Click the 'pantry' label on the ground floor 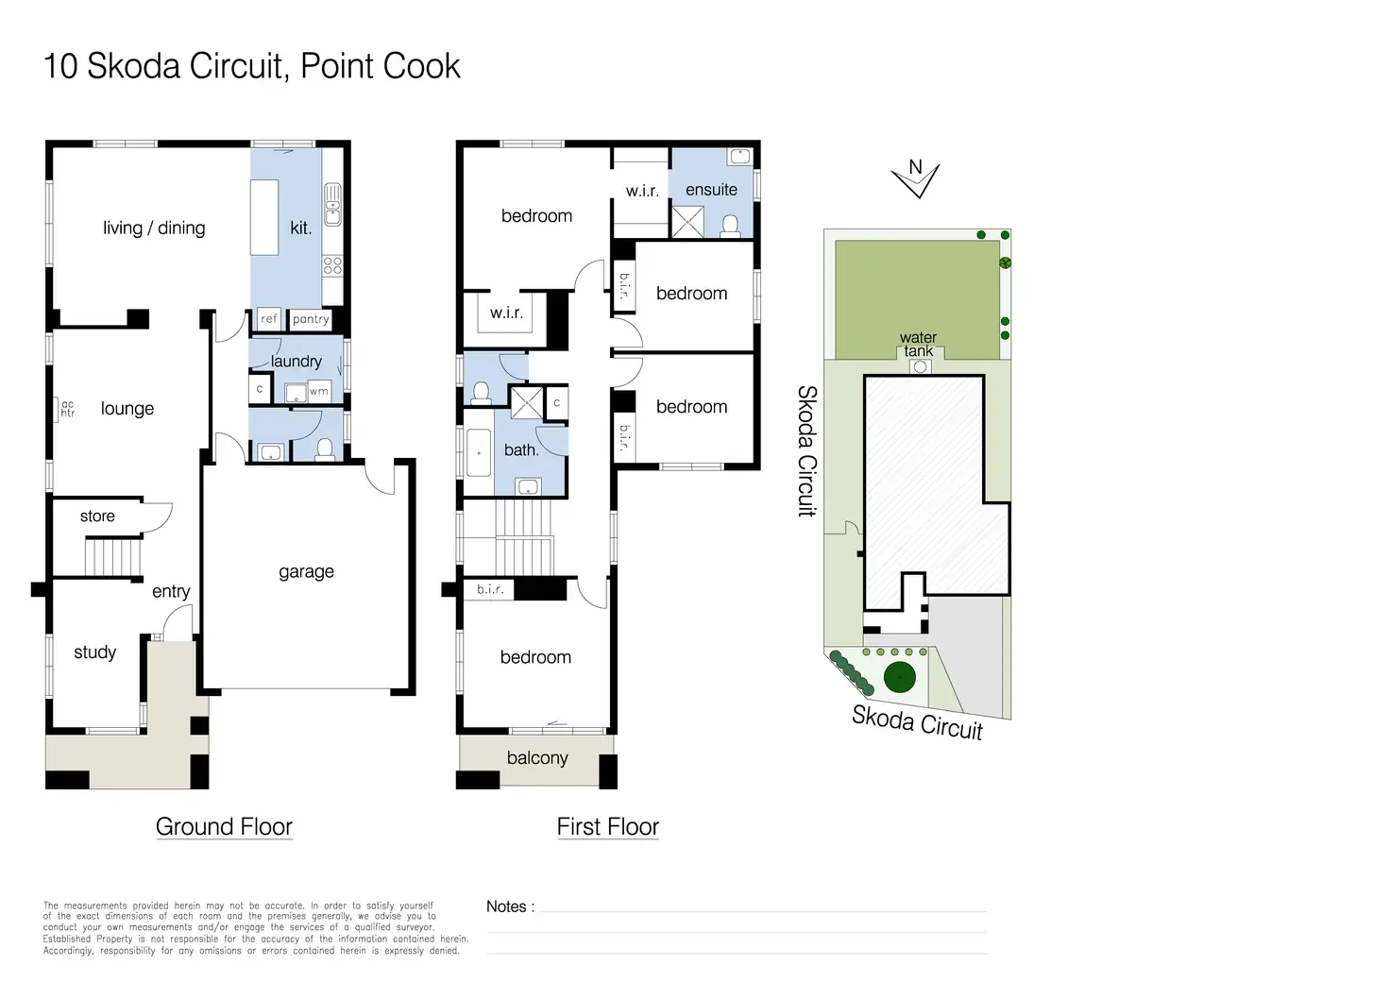pyautogui.click(x=311, y=319)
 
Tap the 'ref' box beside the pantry pyautogui.click(x=269, y=319)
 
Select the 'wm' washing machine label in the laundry pyautogui.click(x=319, y=391)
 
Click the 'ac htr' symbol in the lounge pyautogui.click(x=67, y=409)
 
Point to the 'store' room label pyautogui.click(x=97, y=516)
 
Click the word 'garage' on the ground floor pyautogui.click(x=306, y=571)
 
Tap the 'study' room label pyautogui.click(x=94, y=652)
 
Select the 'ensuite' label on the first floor pyautogui.click(x=711, y=190)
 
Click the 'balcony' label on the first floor pyautogui.click(x=537, y=758)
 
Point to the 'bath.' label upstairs pyautogui.click(x=521, y=450)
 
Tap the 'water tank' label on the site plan pyautogui.click(x=918, y=345)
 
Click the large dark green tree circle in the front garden pyautogui.click(x=900, y=676)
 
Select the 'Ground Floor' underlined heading pyautogui.click(x=224, y=827)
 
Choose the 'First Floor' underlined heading pyautogui.click(x=607, y=827)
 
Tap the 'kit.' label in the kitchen pyautogui.click(x=300, y=228)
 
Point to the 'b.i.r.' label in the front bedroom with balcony pyautogui.click(x=490, y=589)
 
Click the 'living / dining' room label pyautogui.click(x=154, y=228)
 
